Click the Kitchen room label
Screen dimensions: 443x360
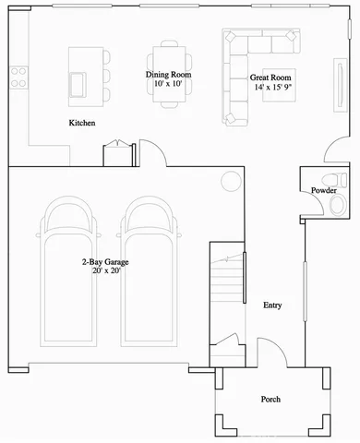tap(83, 123)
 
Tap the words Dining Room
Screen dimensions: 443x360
tap(168, 74)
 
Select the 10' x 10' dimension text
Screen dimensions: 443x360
tap(168, 84)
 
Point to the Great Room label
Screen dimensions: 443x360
tap(270, 78)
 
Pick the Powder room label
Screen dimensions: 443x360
tap(323, 190)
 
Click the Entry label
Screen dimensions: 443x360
tap(272, 305)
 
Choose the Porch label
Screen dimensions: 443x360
tap(270, 399)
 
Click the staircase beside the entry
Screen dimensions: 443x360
tap(227, 286)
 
